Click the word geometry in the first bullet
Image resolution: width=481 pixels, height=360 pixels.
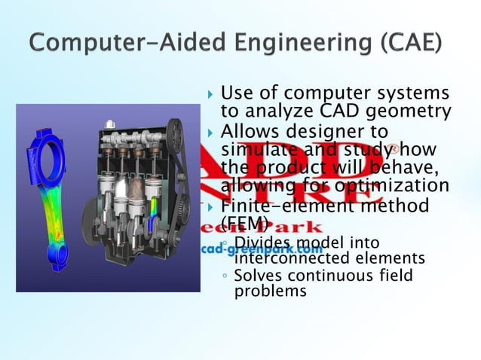412,113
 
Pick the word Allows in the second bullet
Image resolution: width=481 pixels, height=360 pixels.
251,131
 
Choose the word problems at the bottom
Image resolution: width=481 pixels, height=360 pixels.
271,291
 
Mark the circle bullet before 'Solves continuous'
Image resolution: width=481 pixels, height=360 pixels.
225,276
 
